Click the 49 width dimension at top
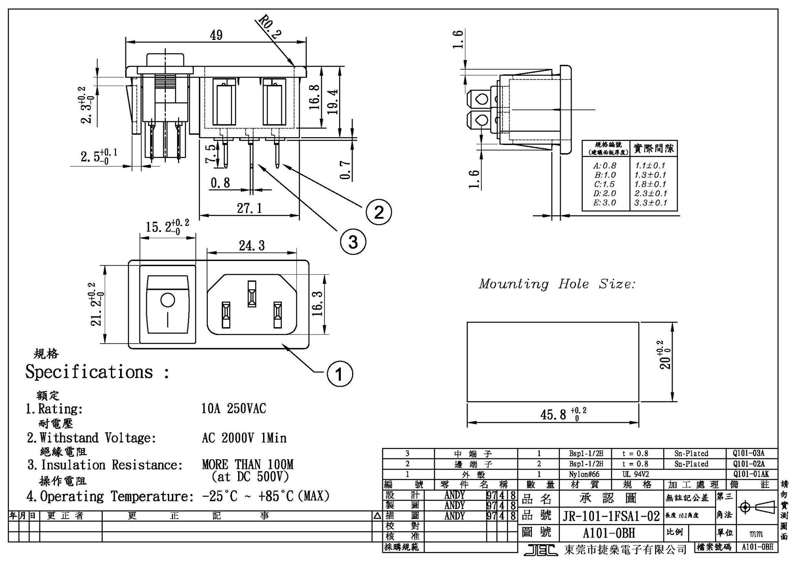tap(216, 35)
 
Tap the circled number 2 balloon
tap(379, 212)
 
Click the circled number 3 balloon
tap(353, 241)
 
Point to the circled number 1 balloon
tap(340, 374)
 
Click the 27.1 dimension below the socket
tap(249, 208)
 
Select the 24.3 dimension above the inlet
tap(251, 246)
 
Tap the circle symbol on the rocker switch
tap(167, 300)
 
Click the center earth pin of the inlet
tap(251, 293)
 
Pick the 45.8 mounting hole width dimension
tap(553, 414)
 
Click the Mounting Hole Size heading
tap(557, 284)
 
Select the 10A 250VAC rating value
tap(234, 409)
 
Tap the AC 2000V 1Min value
tap(244, 438)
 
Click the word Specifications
tap(89, 372)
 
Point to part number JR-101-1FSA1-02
tap(611, 516)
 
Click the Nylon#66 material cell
tap(584, 474)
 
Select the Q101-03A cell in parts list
tap(749, 453)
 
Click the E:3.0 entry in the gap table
tap(605, 203)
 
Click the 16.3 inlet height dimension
tap(318, 304)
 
